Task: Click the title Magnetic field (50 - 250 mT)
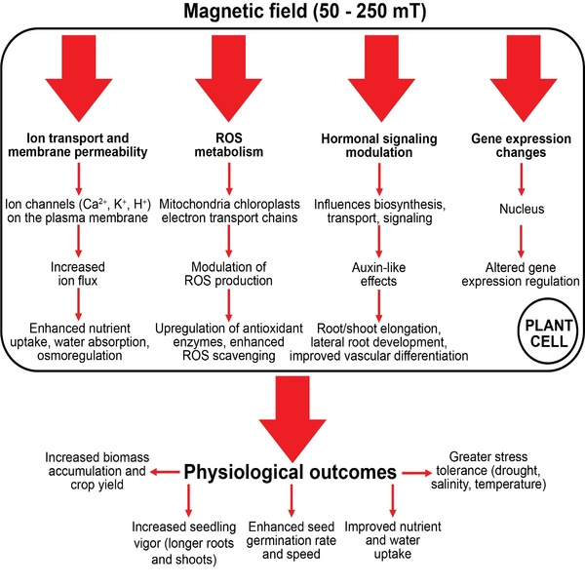pyautogui.click(x=292, y=13)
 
